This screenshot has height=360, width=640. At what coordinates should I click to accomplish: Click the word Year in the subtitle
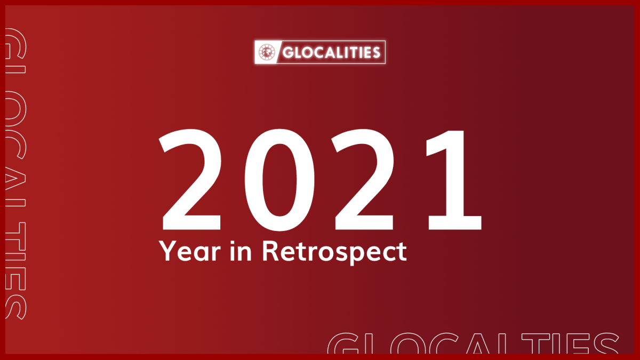point(190,251)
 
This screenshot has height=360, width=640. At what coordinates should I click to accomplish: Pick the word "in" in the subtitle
point(241,250)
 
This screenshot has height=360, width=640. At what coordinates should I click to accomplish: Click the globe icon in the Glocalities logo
point(267,52)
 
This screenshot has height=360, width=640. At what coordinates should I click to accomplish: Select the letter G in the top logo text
point(288,53)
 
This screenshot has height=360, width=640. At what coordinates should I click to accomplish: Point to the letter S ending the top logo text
point(376,53)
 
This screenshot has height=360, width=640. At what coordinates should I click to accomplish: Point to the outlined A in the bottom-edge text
point(478,345)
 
